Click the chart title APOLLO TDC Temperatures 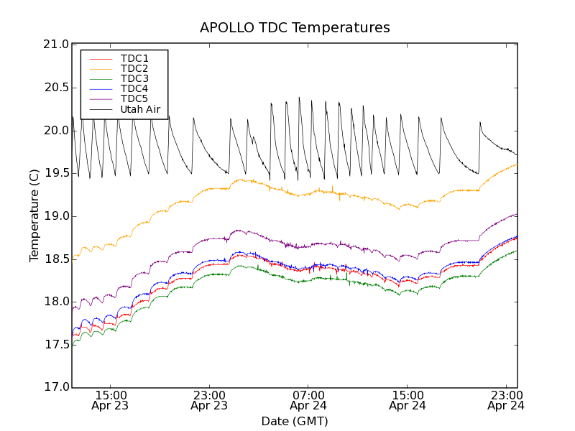tap(295, 28)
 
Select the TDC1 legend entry tap(134, 58)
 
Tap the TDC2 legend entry tap(134, 68)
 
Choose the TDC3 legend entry tap(134, 78)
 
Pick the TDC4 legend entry tap(134, 88)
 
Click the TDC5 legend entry tap(134, 98)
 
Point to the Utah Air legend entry tap(140, 109)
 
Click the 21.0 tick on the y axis tap(56, 45)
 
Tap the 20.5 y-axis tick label tap(56, 88)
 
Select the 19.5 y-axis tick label tap(56, 173)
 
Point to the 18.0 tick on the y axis tap(56, 302)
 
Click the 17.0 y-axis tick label tap(56, 387)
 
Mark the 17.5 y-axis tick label tap(56, 345)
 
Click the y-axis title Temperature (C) tap(34, 215)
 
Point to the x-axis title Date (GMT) tap(295, 421)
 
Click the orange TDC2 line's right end tap(516, 164)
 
